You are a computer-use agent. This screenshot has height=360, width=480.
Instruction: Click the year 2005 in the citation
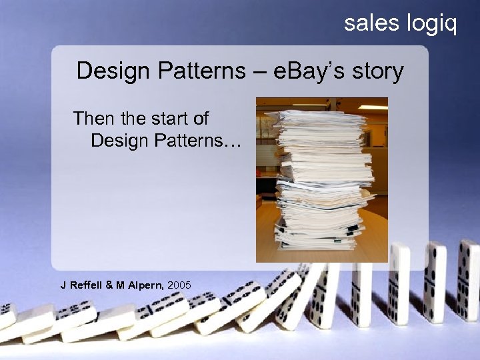point(179,285)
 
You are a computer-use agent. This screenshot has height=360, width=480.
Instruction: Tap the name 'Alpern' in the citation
point(145,285)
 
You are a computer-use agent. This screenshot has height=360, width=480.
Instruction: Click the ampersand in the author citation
point(111,285)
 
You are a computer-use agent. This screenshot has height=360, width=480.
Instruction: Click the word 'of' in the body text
point(200,119)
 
